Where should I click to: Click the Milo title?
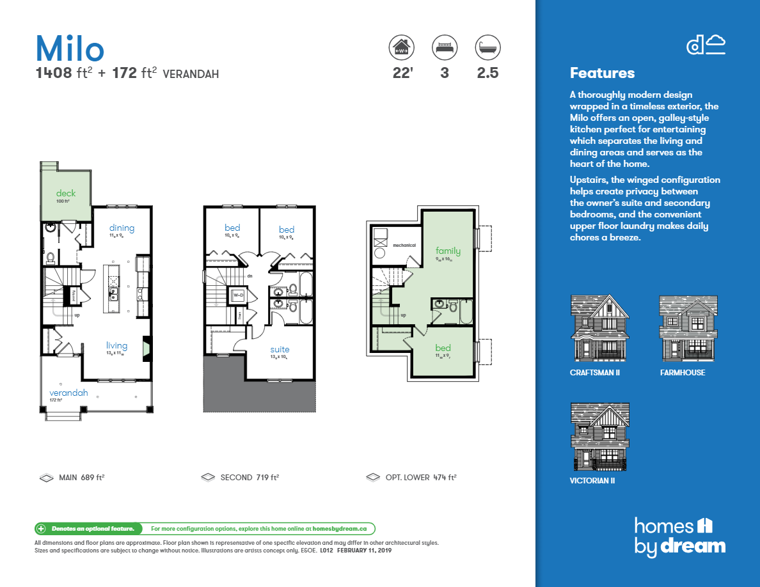70,49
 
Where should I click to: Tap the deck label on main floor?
66,193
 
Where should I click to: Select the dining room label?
122,228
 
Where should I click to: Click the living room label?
116,346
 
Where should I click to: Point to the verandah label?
68,393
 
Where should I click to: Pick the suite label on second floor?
280,350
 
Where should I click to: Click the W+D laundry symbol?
237,295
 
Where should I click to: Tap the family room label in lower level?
448,251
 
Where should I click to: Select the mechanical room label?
404,245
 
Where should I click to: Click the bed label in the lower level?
443,348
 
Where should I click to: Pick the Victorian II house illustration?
599,437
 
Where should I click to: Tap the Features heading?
602,73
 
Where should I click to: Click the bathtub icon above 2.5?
487,47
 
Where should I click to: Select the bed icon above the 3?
445,47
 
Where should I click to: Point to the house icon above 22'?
402,47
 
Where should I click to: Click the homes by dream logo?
680,536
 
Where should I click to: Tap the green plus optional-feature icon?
41,529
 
